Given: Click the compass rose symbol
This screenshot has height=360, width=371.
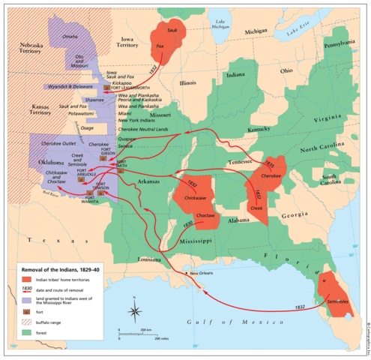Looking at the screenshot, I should pyautogui.click(x=135, y=311).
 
